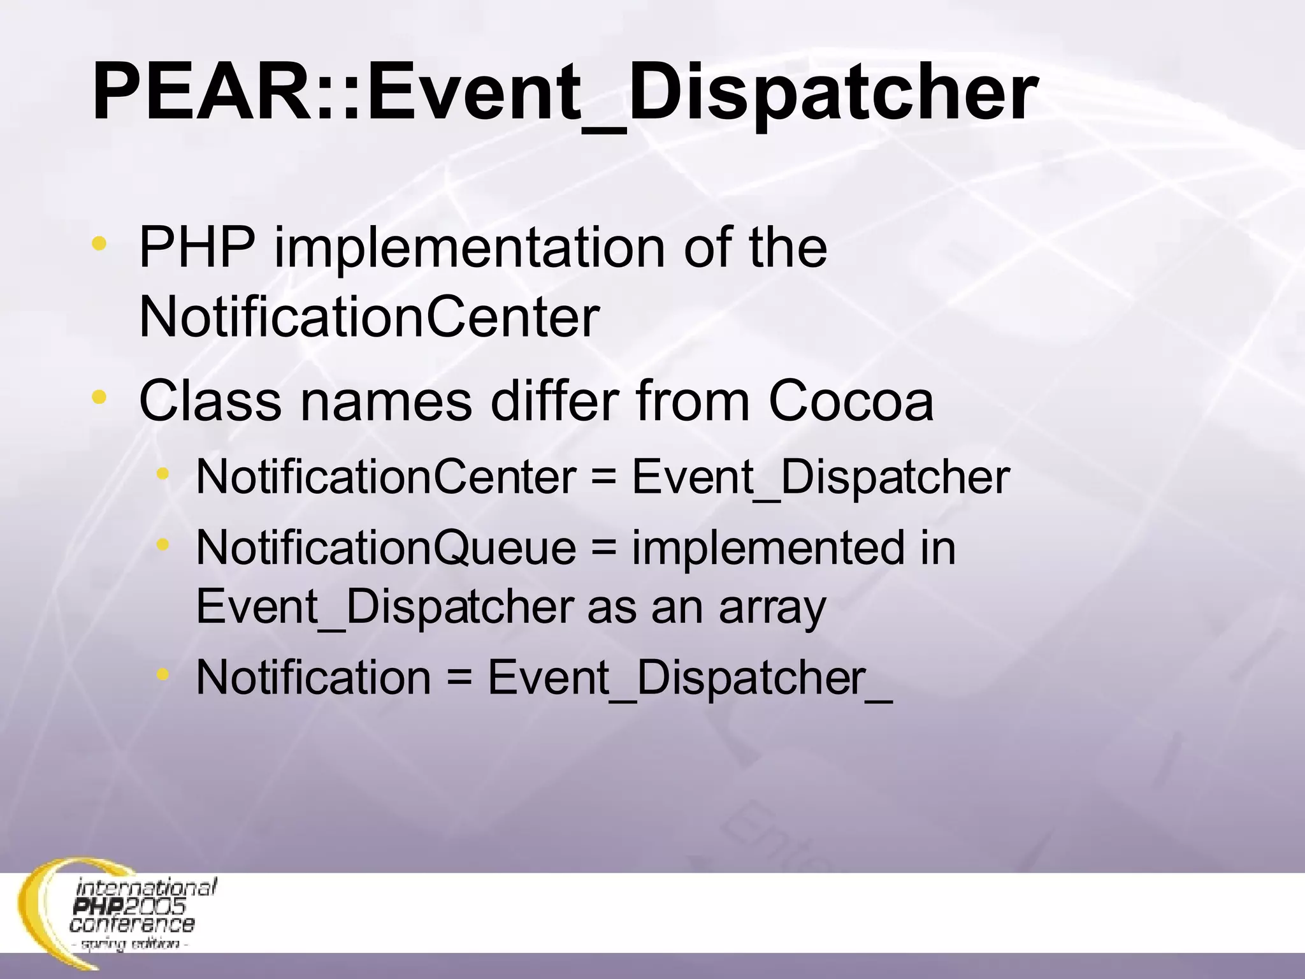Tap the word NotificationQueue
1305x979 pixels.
pyautogui.click(x=386, y=548)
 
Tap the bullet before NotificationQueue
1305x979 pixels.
pyautogui.click(x=163, y=544)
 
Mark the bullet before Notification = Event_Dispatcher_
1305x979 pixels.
pyautogui.click(x=163, y=674)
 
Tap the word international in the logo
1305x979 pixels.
pyautogui.click(x=147, y=887)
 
